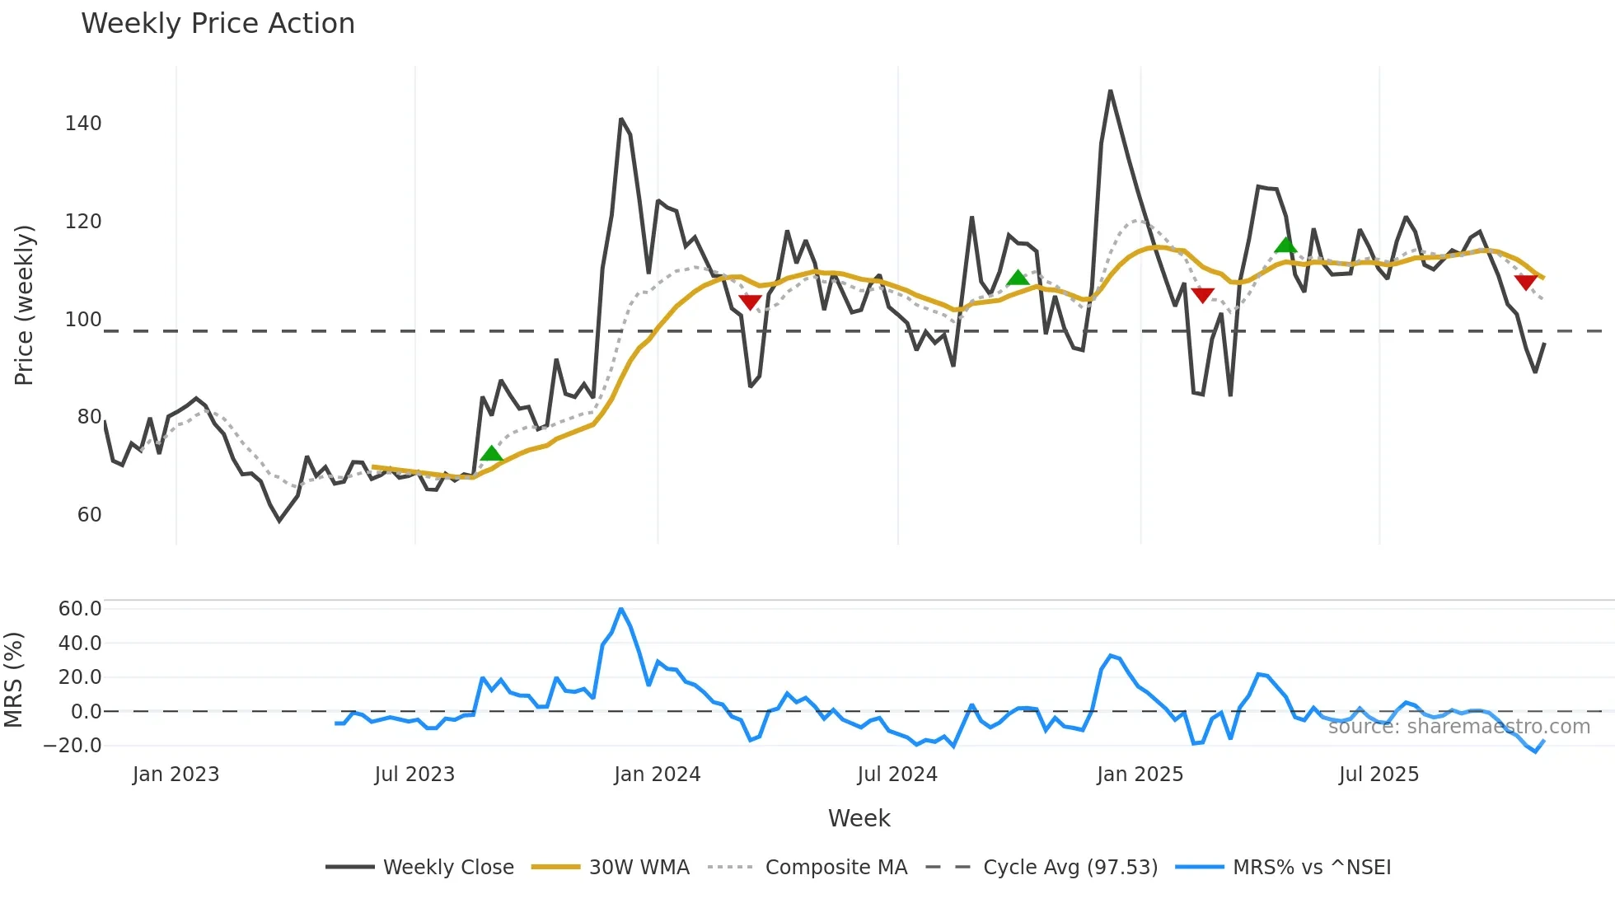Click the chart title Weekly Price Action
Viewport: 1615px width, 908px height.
(218, 24)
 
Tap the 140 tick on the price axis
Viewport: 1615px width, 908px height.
(83, 124)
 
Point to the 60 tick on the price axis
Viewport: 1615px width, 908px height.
(89, 515)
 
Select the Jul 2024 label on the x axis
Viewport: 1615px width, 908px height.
(897, 775)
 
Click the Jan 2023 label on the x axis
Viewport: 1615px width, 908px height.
(176, 775)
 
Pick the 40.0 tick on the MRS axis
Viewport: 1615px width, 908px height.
(80, 644)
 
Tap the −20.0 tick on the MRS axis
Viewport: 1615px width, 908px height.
(73, 746)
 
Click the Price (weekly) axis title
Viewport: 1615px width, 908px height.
(24, 305)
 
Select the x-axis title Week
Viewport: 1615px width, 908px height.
(859, 818)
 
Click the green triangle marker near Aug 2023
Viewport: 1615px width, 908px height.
(491, 453)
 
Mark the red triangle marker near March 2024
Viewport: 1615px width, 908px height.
(750, 302)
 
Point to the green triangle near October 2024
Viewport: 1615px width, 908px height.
(1018, 278)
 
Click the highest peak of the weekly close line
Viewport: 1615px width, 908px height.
(1110, 91)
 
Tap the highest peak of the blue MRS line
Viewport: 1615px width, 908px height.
(620, 609)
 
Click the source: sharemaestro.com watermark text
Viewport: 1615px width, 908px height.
(1458, 727)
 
